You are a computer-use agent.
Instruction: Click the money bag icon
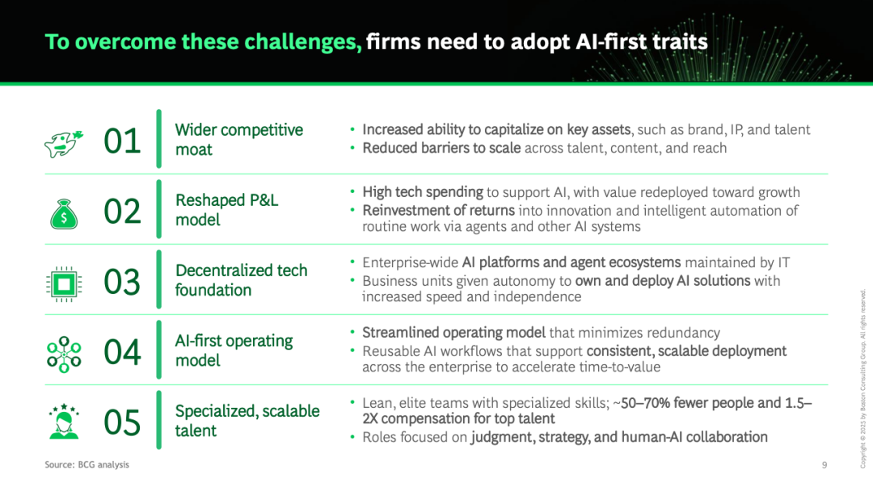click(64, 214)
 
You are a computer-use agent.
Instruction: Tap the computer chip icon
click(64, 284)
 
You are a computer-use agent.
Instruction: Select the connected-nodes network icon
click(64, 355)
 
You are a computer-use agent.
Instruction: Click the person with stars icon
click(64, 422)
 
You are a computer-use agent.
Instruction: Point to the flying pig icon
click(64, 144)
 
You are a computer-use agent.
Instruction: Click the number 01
click(122, 141)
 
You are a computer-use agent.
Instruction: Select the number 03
click(122, 282)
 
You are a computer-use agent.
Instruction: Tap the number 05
click(122, 422)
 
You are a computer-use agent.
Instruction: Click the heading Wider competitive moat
click(238, 140)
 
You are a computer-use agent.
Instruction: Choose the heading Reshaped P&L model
click(226, 210)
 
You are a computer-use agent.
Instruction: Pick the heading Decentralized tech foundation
click(241, 279)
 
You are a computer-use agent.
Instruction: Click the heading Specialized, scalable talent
click(247, 421)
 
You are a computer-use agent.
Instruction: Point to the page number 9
click(824, 465)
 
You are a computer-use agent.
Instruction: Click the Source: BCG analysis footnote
click(86, 464)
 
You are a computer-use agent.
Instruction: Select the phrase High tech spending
click(423, 192)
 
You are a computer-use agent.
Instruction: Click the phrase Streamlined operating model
click(453, 333)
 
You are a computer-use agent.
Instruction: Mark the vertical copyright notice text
click(862, 379)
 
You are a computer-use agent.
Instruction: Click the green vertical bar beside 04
click(158, 350)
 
